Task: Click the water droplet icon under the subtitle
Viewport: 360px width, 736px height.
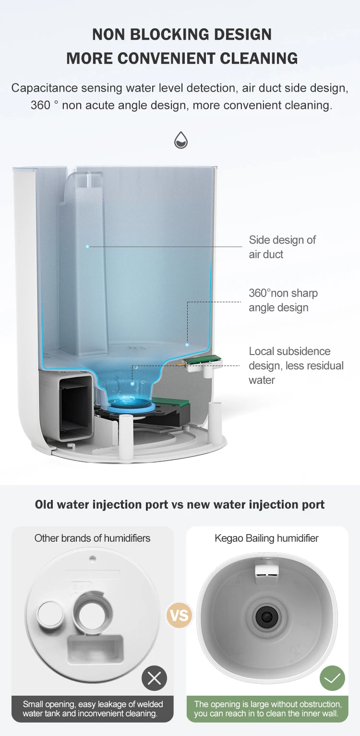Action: point(180,140)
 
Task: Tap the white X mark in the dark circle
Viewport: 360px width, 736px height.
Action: point(155,678)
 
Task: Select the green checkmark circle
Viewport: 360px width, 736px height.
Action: point(332,678)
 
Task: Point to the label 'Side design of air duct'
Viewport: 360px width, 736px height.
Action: point(282,247)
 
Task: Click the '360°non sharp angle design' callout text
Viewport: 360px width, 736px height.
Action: point(283,300)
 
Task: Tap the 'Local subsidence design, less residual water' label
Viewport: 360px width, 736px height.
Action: point(296,366)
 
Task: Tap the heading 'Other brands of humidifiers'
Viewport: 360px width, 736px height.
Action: point(92,538)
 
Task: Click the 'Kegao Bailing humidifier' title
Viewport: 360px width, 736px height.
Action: point(266,538)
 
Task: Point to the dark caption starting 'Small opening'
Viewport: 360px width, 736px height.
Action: point(93,709)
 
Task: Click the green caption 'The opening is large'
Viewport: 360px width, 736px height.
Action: point(267,709)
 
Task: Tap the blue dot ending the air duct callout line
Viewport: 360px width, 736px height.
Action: point(87,247)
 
